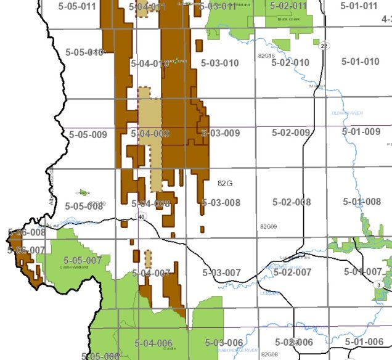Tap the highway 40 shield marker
[x=141, y=216]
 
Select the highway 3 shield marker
[x=377, y=284]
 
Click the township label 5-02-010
[x=290, y=63]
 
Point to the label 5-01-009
[x=361, y=132]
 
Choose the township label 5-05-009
[x=88, y=134]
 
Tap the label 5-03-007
[x=221, y=272]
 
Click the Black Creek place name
[x=288, y=19]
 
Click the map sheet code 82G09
[x=268, y=227]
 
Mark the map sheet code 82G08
[x=269, y=354]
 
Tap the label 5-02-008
[x=292, y=202]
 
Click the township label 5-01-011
[x=359, y=6]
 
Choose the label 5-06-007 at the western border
[x=27, y=250]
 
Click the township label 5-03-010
[x=220, y=63]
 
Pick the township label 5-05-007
[x=83, y=260]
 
